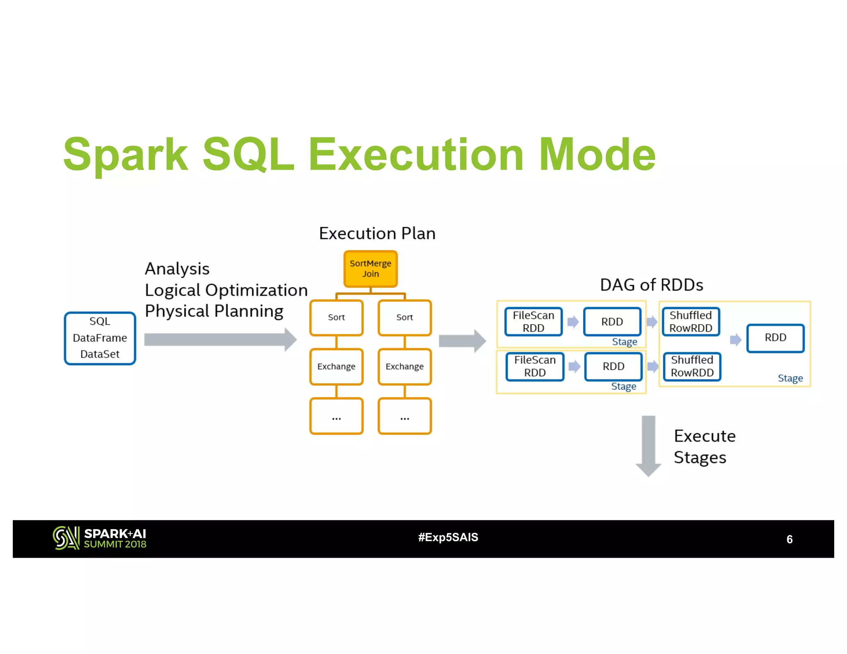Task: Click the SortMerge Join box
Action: [x=370, y=269]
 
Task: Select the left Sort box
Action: [x=336, y=317]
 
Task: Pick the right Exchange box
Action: [x=404, y=367]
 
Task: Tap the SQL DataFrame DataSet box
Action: [x=100, y=338]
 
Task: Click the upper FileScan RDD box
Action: [x=533, y=322]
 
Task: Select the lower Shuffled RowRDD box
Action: [x=692, y=366]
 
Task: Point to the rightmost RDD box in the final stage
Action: [x=775, y=338]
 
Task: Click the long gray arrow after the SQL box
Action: [x=219, y=339]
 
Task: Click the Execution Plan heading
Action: [x=377, y=234]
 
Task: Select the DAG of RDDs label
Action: [x=651, y=285]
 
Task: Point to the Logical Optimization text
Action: [x=226, y=290]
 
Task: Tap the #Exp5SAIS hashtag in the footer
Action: [x=448, y=537]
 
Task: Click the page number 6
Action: [x=789, y=539]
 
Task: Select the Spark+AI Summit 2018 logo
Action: [x=99, y=538]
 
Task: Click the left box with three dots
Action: [x=336, y=416]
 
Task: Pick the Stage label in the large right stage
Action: [x=790, y=378]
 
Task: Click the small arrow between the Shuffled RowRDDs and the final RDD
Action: [x=735, y=340]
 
